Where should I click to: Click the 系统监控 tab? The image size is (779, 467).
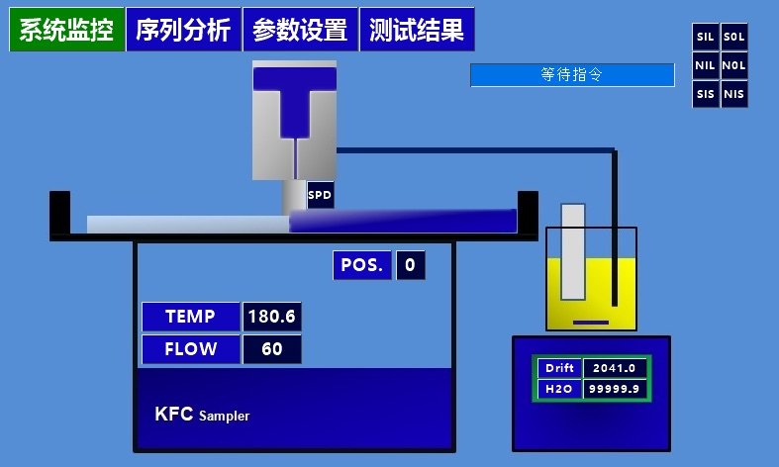coord(65,31)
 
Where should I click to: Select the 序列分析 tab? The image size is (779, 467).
coord(182,31)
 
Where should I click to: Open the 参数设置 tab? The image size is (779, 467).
coord(299,31)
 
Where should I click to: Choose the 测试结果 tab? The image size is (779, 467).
coord(417,31)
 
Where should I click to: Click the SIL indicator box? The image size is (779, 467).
coord(706,37)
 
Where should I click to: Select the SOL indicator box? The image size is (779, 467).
coord(734,37)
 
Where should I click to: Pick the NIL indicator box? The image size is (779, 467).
coord(706,66)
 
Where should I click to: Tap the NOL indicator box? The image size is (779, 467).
coord(734,66)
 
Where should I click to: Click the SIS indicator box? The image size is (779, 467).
coord(706,95)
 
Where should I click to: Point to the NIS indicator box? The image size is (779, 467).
coord(734,95)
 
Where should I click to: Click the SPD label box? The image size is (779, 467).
coord(320,195)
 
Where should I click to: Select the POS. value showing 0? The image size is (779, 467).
coord(411,265)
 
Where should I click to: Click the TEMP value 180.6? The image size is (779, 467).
coord(272,317)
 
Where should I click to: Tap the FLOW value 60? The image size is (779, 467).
coord(272,349)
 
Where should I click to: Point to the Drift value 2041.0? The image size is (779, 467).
coord(615,368)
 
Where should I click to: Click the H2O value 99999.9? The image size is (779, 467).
coord(615,390)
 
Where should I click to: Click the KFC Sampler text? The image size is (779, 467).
coord(202,414)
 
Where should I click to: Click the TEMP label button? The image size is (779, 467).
coord(190,317)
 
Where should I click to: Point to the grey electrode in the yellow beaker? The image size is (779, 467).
coord(573,251)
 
